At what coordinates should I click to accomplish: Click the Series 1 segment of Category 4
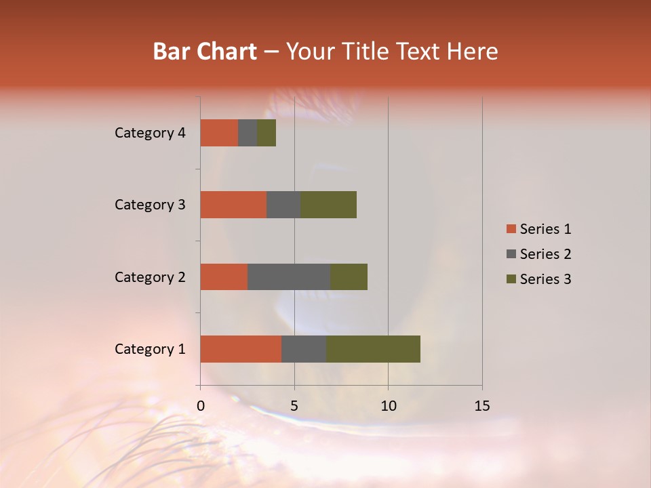(219, 133)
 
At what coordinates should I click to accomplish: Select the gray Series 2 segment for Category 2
(289, 277)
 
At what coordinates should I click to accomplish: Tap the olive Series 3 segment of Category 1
(373, 349)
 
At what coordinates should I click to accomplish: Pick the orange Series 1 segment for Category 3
(233, 205)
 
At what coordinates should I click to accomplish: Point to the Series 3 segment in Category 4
(267, 133)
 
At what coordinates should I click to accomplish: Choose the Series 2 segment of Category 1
(304, 349)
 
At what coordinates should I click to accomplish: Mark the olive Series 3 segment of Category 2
(349, 277)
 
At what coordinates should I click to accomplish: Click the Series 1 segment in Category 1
(241, 349)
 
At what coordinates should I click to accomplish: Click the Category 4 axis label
(150, 133)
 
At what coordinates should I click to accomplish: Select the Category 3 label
(150, 205)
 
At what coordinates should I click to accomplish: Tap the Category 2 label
(150, 277)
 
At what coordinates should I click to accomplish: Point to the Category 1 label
(150, 349)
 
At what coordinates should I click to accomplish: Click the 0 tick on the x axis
(201, 406)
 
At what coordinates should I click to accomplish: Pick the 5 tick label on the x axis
(294, 406)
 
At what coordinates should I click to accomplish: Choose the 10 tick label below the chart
(388, 406)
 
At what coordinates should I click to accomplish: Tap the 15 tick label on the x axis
(482, 406)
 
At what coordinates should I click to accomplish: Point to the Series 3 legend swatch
(511, 279)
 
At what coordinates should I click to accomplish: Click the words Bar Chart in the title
(205, 52)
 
